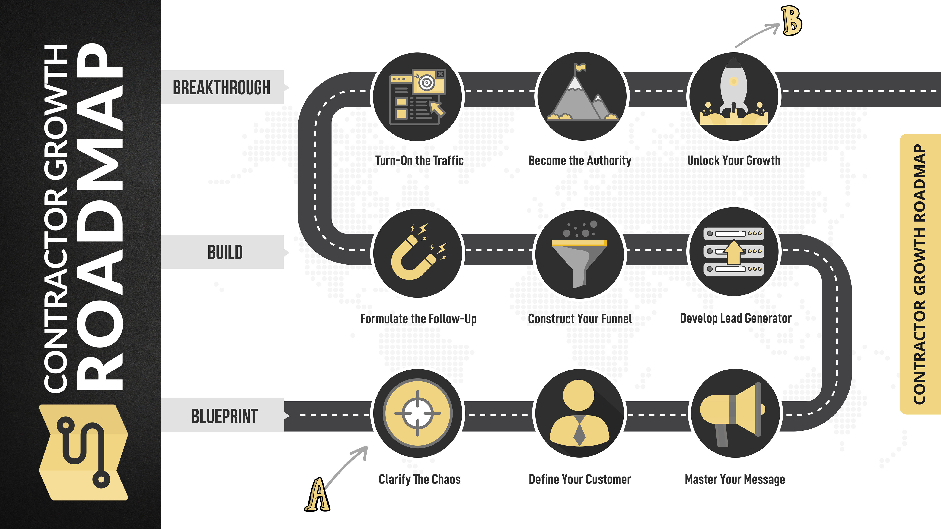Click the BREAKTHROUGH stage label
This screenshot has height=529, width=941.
click(x=221, y=88)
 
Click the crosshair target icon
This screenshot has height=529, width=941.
click(x=418, y=413)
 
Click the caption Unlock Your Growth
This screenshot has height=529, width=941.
click(x=734, y=161)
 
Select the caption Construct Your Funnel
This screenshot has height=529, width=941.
click(x=580, y=319)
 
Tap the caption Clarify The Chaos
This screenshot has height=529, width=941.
click(x=419, y=479)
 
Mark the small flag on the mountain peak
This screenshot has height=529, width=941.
click(x=580, y=68)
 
